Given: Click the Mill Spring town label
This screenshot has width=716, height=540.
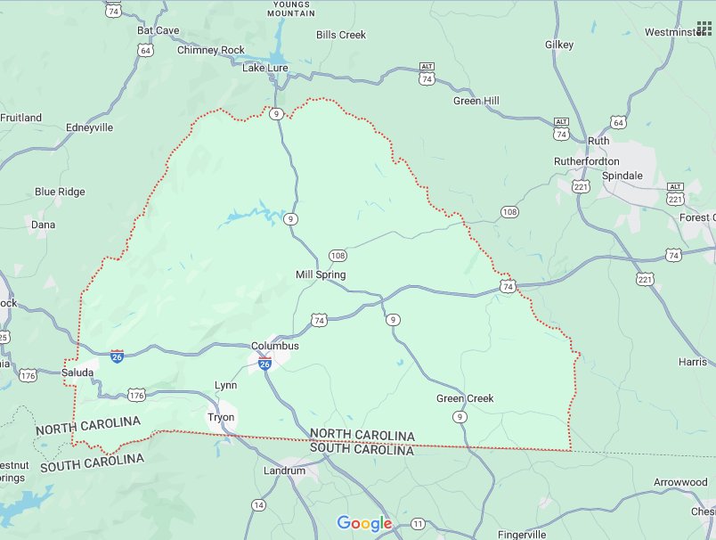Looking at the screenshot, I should pyautogui.click(x=321, y=274).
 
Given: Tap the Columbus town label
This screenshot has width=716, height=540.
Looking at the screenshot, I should pyautogui.click(x=274, y=346).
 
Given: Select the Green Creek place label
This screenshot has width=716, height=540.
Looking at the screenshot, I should pyautogui.click(x=465, y=398).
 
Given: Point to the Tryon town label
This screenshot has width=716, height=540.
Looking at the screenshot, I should pyautogui.click(x=221, y=417).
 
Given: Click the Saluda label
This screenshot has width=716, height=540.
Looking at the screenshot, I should pyautogui.click(x=77, y=372).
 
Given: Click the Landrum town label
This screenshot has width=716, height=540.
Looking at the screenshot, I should pyautogui.click(x=285, y=470).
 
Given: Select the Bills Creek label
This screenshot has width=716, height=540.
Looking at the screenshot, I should pyautogui.click(x=340, y=35).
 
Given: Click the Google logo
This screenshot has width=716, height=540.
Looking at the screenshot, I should pyautogui.click(x=364, y=524).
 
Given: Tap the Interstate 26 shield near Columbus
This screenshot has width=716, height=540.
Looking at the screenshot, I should pyautogui.click(x=264, y=364).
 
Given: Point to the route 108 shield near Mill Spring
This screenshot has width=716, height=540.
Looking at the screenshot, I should pyautogui.click(x=338, y=255).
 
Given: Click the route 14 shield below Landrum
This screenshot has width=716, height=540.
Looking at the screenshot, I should pyautogui.click(x=258, y=505).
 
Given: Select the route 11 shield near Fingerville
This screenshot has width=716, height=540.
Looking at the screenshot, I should pyautogui.click(x=419, y=522).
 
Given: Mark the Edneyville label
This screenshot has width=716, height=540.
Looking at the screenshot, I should pyautogui.click(x=90, y=127).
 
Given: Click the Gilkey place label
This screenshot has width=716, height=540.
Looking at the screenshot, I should pyautogui.click(x=560, y=45).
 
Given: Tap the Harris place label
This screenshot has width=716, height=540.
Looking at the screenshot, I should pyautogui.click(x=692, y=362).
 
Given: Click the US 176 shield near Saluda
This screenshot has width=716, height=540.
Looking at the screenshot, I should pyautogui.click(x=136, y=394).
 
